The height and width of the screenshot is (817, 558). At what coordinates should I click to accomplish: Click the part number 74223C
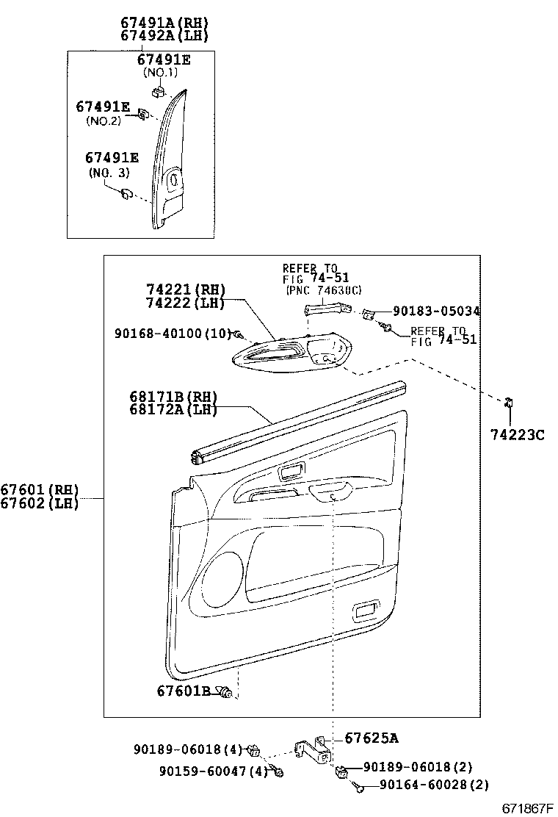coord(517,435)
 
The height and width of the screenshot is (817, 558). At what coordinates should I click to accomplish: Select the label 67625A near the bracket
coord(371,738)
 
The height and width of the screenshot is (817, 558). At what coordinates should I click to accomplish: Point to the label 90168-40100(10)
coord(173,333)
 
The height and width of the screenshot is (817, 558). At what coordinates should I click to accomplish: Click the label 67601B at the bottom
coord(183,691)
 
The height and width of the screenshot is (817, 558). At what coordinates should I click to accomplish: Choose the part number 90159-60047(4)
coord(212,771)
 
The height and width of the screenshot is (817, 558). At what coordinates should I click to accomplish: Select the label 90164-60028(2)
coord(434,785)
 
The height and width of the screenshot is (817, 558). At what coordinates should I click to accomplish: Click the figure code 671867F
coord(526,808)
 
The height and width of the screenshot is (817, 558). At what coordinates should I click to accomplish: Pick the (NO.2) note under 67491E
coord(103,120)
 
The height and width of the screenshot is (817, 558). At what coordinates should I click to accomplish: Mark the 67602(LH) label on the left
coord(39,503)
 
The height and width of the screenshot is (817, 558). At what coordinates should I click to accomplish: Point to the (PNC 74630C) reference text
coord(323,290)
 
